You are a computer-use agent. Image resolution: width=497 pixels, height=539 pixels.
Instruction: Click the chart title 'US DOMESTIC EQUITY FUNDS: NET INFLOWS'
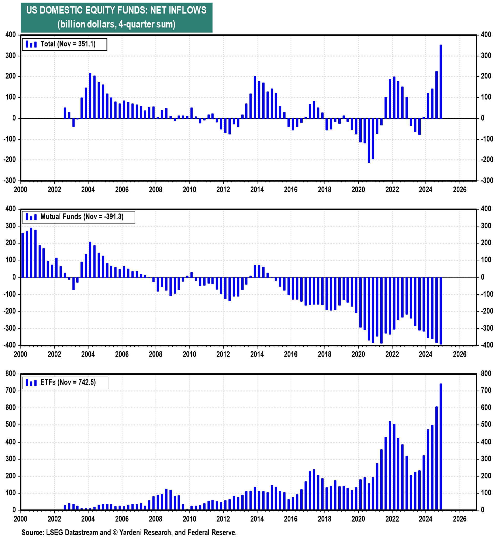tap(116, 10)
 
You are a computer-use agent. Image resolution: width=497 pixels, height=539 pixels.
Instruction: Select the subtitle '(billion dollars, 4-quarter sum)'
tap(116, 24)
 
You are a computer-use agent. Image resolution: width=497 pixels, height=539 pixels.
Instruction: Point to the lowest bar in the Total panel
tap(369, 140)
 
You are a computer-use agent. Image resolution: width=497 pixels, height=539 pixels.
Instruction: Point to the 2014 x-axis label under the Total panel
tap(257, 189)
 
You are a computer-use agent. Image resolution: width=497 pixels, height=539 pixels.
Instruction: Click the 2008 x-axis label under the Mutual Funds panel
tap(156, 354)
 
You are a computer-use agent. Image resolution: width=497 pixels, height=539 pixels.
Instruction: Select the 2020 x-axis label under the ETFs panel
tap(359, 519)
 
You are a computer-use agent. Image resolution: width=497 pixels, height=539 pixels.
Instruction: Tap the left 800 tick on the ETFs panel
tap(11, 374)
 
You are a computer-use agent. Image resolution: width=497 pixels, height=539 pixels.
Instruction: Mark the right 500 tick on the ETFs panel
tap(486, 425)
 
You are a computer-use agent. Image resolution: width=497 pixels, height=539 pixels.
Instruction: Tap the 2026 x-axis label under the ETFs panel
tap(460, 519)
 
